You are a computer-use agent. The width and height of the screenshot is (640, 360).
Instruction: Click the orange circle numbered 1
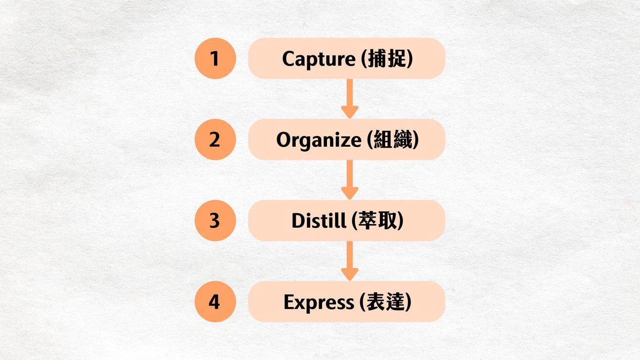(215, 59)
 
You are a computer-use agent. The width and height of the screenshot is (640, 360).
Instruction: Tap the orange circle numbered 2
(215, 140)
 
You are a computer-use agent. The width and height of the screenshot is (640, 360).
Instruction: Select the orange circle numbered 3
(215, 221)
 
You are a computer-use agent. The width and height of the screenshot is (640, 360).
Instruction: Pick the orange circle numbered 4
(215, 302)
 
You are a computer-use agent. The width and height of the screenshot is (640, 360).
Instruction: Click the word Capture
(319, 59)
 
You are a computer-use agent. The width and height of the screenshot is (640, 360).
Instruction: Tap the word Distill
(317, 221)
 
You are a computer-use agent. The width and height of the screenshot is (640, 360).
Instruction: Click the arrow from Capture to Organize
(350, 96)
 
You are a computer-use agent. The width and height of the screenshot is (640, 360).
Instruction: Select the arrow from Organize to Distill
(350, 177)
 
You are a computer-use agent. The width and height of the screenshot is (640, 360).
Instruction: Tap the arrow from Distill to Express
(350, 258)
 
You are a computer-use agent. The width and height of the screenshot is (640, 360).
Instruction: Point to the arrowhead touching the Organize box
(350, 112)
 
